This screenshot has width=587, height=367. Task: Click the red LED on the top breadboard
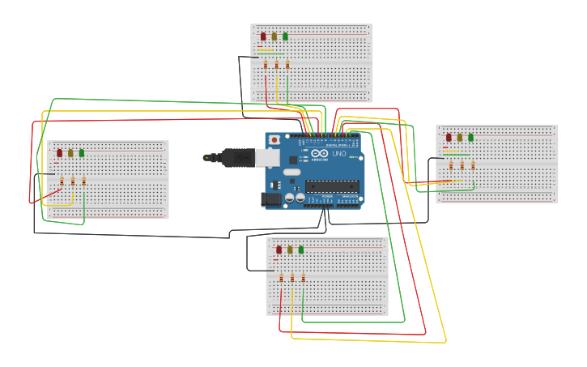(263, 36)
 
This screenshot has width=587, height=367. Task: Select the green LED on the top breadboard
(285, 36)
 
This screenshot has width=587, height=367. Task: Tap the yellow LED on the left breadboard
(70, 152)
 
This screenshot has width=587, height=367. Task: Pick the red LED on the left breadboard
(59, 152)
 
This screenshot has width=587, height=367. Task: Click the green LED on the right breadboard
(471, 137)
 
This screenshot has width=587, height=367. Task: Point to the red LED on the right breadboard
(449, 137)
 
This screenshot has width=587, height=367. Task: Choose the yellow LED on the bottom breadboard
(290, 250)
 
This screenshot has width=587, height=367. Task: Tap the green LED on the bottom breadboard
(301, 250)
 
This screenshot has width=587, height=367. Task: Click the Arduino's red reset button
(274, 140)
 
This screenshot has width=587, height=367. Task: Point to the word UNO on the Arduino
(339, 154)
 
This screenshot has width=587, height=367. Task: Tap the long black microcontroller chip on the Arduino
(332, 186)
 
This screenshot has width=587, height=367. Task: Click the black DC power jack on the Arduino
(271, 198)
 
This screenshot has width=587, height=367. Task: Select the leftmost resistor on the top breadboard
(266, 65)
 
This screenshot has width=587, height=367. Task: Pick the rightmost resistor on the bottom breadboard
(304, 278)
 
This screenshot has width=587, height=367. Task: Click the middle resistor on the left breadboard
(73, 181)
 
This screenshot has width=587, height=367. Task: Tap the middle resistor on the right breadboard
(462, 165)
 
